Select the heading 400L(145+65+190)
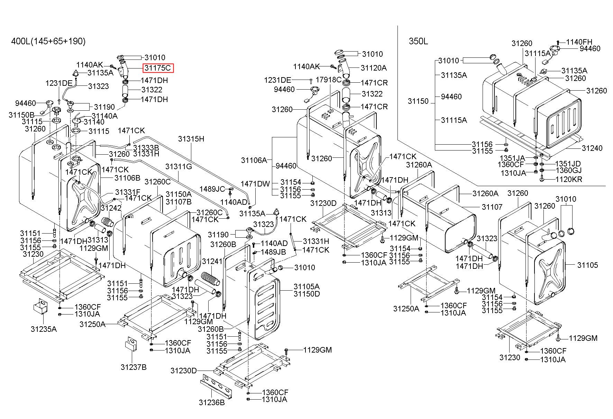coord(48,42)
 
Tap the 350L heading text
coord(418,42)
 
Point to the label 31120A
coord(374,68)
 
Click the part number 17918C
coord(329,80)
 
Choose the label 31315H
coord(191,139)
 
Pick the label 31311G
coord(179,166)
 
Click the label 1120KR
coord(569,179)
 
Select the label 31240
coord(592,148)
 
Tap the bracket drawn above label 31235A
coord(40,307)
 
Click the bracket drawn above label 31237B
coord(131,344)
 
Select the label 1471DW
coord(255,184)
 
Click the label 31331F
coord(128,192)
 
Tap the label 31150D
coord(306,294)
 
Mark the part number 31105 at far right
coord(587,265)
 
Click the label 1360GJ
coord(568,170)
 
